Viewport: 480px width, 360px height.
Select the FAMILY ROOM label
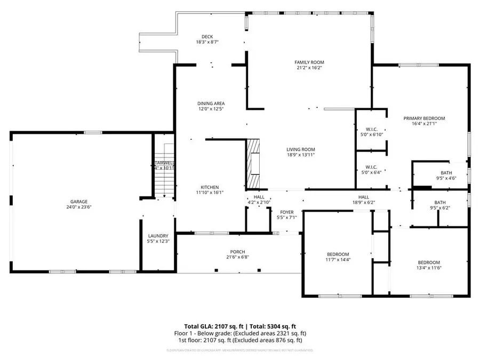point(309,62)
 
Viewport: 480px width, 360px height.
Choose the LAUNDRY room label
point(158,236)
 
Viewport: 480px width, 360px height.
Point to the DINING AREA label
point(210,103)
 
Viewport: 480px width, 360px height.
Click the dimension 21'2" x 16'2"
point(309,68)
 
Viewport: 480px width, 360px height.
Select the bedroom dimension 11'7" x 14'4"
point(338,260)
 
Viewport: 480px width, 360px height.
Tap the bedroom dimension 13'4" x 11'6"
point(428,268)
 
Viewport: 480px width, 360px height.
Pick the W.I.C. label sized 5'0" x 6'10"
point(372,129)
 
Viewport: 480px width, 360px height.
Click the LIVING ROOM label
point(301,149)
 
